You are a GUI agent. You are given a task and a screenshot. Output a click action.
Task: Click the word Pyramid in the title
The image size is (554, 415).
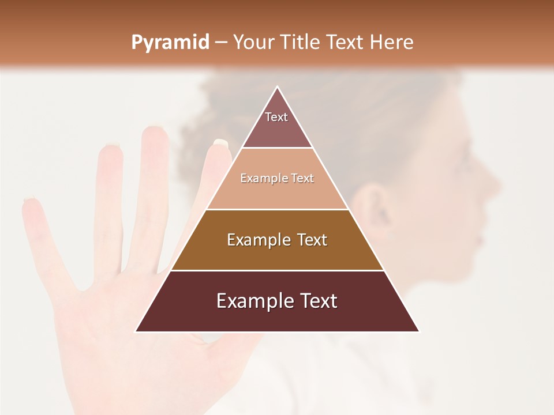click(170, 43)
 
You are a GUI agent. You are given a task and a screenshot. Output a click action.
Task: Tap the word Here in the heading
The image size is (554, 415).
click(391, 43)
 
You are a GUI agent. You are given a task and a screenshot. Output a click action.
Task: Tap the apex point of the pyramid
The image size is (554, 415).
click(278, 87)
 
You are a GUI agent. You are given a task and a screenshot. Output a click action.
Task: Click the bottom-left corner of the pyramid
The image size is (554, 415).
click(136, 331)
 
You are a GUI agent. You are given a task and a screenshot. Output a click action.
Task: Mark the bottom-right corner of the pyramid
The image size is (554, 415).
click(418, 331)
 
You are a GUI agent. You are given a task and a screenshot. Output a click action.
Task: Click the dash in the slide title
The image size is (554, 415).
click(220, 43)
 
